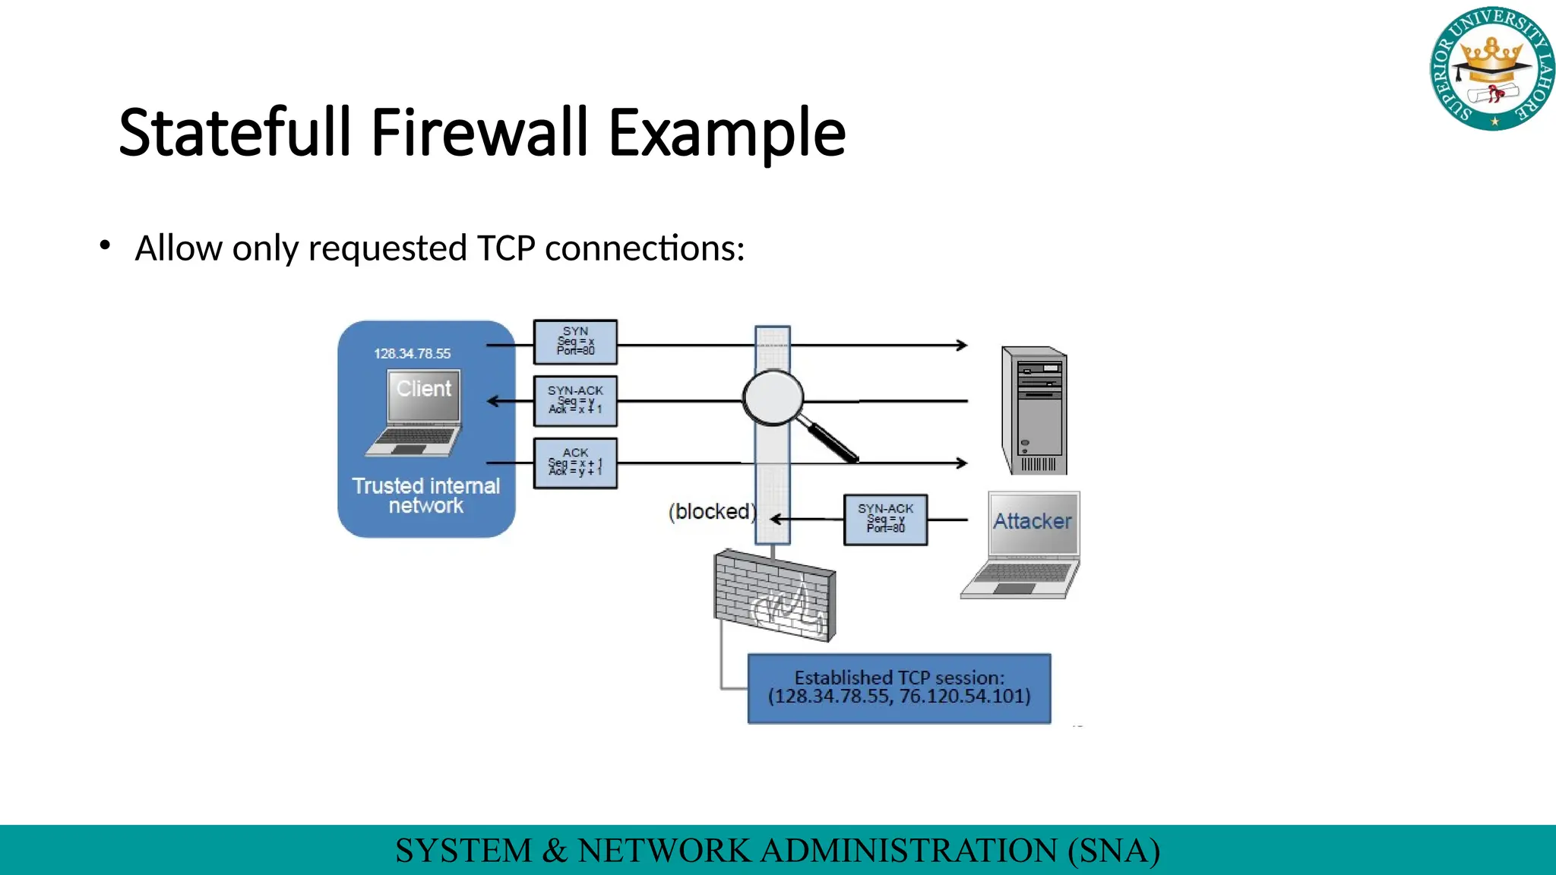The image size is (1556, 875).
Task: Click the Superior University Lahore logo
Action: click(1492, 69)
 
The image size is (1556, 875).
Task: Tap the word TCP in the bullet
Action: click(506, 248)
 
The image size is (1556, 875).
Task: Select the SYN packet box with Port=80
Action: click(575, 342)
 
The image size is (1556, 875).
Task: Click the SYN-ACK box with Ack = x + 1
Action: click(575, 400)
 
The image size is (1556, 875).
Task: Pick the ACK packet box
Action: click(575, 463)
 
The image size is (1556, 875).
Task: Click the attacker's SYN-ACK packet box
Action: click(885, 520)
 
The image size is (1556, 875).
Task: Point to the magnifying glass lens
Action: click(773, 397)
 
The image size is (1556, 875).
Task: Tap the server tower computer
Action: click(1035, 411)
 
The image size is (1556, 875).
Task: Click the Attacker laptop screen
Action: click(1033, 523)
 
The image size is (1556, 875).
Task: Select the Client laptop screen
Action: click(424, 395)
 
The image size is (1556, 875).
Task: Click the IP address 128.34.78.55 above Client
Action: click(412, 354)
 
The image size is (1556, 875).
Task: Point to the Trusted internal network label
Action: click(425, 496)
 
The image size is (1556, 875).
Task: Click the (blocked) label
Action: click(711, 512)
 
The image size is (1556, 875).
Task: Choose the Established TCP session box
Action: click(899, 688)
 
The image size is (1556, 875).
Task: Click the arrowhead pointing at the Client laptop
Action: click(493, 401)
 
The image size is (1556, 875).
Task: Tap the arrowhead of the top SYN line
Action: click(962, 345)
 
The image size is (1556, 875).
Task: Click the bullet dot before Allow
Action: click(105, 245)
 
